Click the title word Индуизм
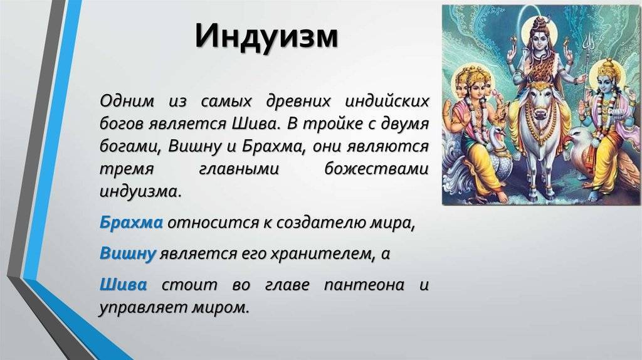click(x=266, y=36)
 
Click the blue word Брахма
click(x=131, y=223)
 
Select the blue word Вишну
click(x=128, y=253)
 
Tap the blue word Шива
click(x=123, y=284)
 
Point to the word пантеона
click(x=364, y=285)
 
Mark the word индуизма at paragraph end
click(x=140, y=192)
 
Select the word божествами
click(x=376, y=169)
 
